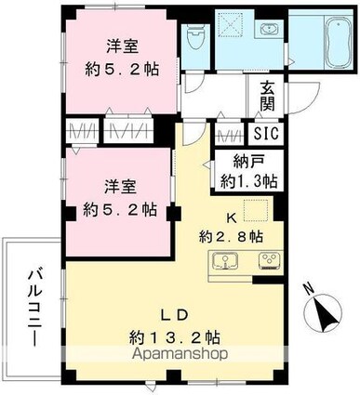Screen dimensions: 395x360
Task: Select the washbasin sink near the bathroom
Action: pos(269,30)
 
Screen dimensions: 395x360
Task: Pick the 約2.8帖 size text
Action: pos(234,235)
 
